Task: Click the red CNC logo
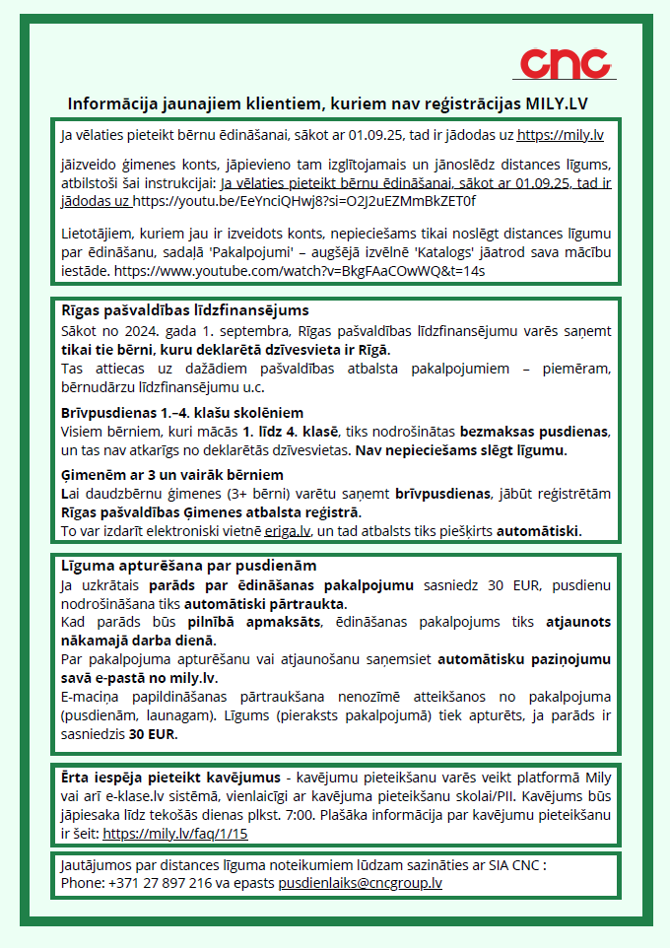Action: pos(565,64)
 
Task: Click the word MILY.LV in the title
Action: pos(566,103)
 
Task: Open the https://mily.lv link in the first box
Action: pos(561,133)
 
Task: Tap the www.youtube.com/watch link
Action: pos(301,269)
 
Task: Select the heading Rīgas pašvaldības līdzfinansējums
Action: pos(171,310)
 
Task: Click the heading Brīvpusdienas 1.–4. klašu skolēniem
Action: pos(182,412)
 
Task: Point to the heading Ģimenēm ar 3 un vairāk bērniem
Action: pos(172,475)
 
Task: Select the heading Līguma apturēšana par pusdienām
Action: pos(174,566)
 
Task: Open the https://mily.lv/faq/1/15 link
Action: pos(175,833)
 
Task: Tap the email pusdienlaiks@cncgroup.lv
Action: pos(360,883)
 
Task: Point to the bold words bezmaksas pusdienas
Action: pos(530,432)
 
